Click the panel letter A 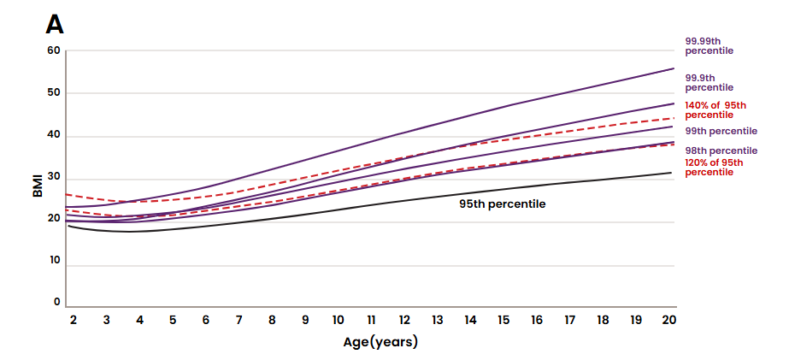tap(54, 24)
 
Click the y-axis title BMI tap(38, 186)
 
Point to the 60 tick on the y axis tap(54, 50)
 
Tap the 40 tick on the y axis tap(54, 135)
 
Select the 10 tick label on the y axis tap(54, 261)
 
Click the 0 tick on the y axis tap(57, 302)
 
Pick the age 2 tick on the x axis tap(74, 319)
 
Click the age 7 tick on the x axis tap(239, 319)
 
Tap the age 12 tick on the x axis tap(404, 319)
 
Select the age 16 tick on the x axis tap(537, 319)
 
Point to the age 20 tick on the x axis tap(669, 319)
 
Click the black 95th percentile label tap(502, 205)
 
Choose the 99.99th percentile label tap(709, 45)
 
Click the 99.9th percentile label tap(709, 82)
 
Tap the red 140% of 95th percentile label tap(715, 109)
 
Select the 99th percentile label tap(721, 131)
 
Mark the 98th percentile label tap(721, 150)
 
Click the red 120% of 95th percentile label tap(714, 167)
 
